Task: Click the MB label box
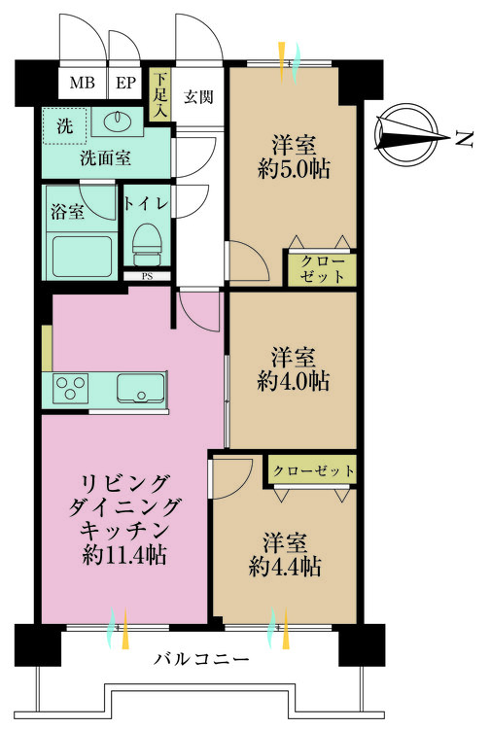point(83,83)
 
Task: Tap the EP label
point(125,83)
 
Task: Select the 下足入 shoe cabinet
point(159,95)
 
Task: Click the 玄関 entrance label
point(199,96)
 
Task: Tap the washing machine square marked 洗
point(64,125)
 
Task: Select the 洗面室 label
point(106,156)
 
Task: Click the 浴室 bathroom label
point(67,209)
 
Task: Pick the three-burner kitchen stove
point(70,388)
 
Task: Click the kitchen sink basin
point(141,389)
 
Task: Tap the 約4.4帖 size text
point(284,566)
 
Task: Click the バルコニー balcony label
point(201,660)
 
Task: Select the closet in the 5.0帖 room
point(320,269)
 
